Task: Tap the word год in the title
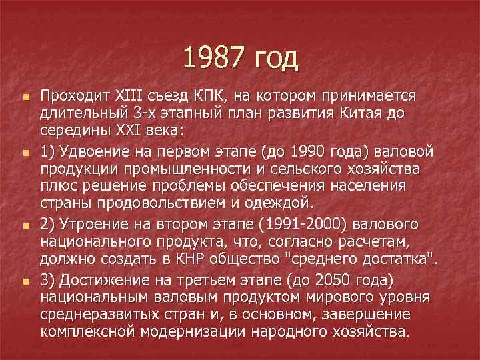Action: tap(275, 60)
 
